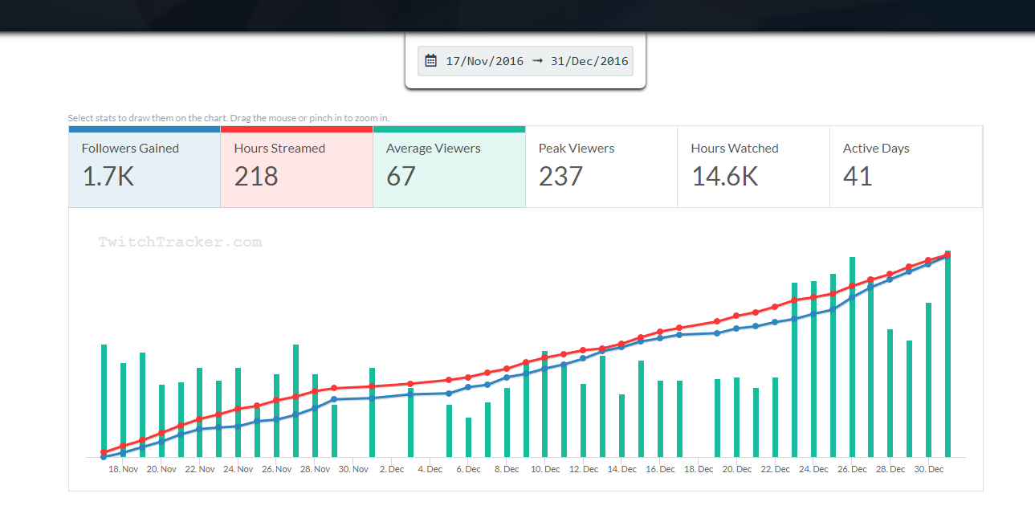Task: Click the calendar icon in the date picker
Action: pyautogui.click(x=430, y=61)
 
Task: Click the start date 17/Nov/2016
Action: pyautogui.click(x=484, y=61)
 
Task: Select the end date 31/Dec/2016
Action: pyautogui.click(x=589, y=61)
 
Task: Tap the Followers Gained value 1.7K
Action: pyautogui.click(x=108, y=176)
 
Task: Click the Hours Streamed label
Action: pyautogui.click(x=279, y=149)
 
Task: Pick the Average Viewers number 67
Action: pyautogui.click(x=401, y=176)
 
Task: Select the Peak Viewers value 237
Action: pyautogui.click(x=560, y=176)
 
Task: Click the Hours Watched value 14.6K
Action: pyautogui.click(x=724, y=176)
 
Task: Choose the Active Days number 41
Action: pyautogui.click(x=858, y=176)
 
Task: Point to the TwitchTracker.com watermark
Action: pyautogui.click(x=180, y=242)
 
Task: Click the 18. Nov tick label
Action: pyautogui.click(x=123, y=469)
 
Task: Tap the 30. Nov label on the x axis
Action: pyautogui.click(x=353, y=469)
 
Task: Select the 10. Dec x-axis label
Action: pyautogui.click(x=545, y=469)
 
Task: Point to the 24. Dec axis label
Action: pyautogui.click(x=814, y=469)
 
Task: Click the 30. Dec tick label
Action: pyautogui.click(x=929, y=469)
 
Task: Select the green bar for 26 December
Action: pyautogui.click(x=852, y=357)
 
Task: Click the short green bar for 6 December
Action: pyautogui.click(x=468, y=437)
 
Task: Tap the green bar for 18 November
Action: pyautogui.click(x=123, y=410)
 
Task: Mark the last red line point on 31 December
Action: pyautogui.click(x=947, y=255)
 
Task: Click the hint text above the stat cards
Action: pyautogui.click(x=228, y=118)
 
